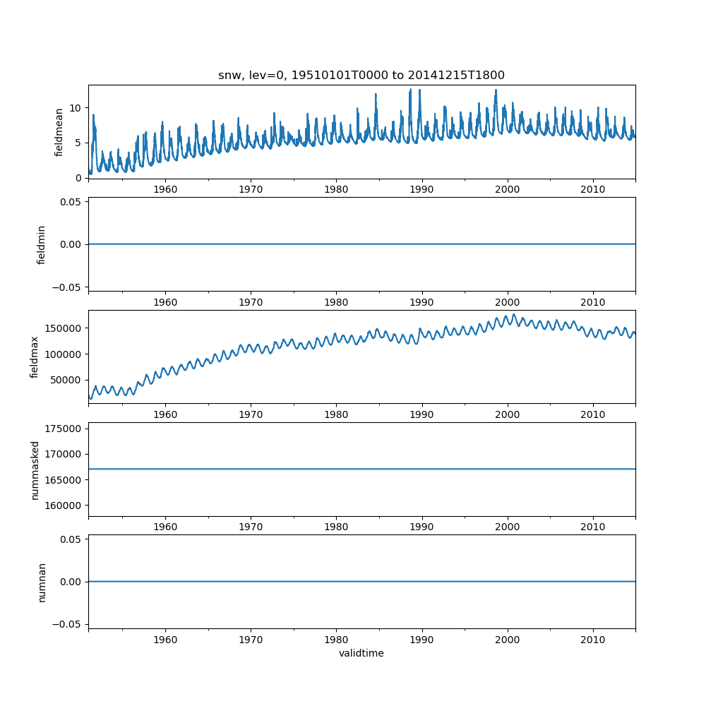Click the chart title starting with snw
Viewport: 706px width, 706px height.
[361, 75]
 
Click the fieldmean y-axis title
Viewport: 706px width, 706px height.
[59, 131]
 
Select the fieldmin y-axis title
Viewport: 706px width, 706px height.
[41, 244]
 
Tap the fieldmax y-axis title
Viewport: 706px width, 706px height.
[34, 357]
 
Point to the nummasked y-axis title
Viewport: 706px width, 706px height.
[35, 469]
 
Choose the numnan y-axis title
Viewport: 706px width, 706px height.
[42, 582]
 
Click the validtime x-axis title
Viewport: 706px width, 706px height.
[361, 653]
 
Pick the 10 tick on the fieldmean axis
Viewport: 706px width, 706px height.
[76, 108]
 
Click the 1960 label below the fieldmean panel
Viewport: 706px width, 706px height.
[165, 189]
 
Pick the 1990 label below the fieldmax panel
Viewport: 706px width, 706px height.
[422, 414]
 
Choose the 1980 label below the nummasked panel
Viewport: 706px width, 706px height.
[336, 527]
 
